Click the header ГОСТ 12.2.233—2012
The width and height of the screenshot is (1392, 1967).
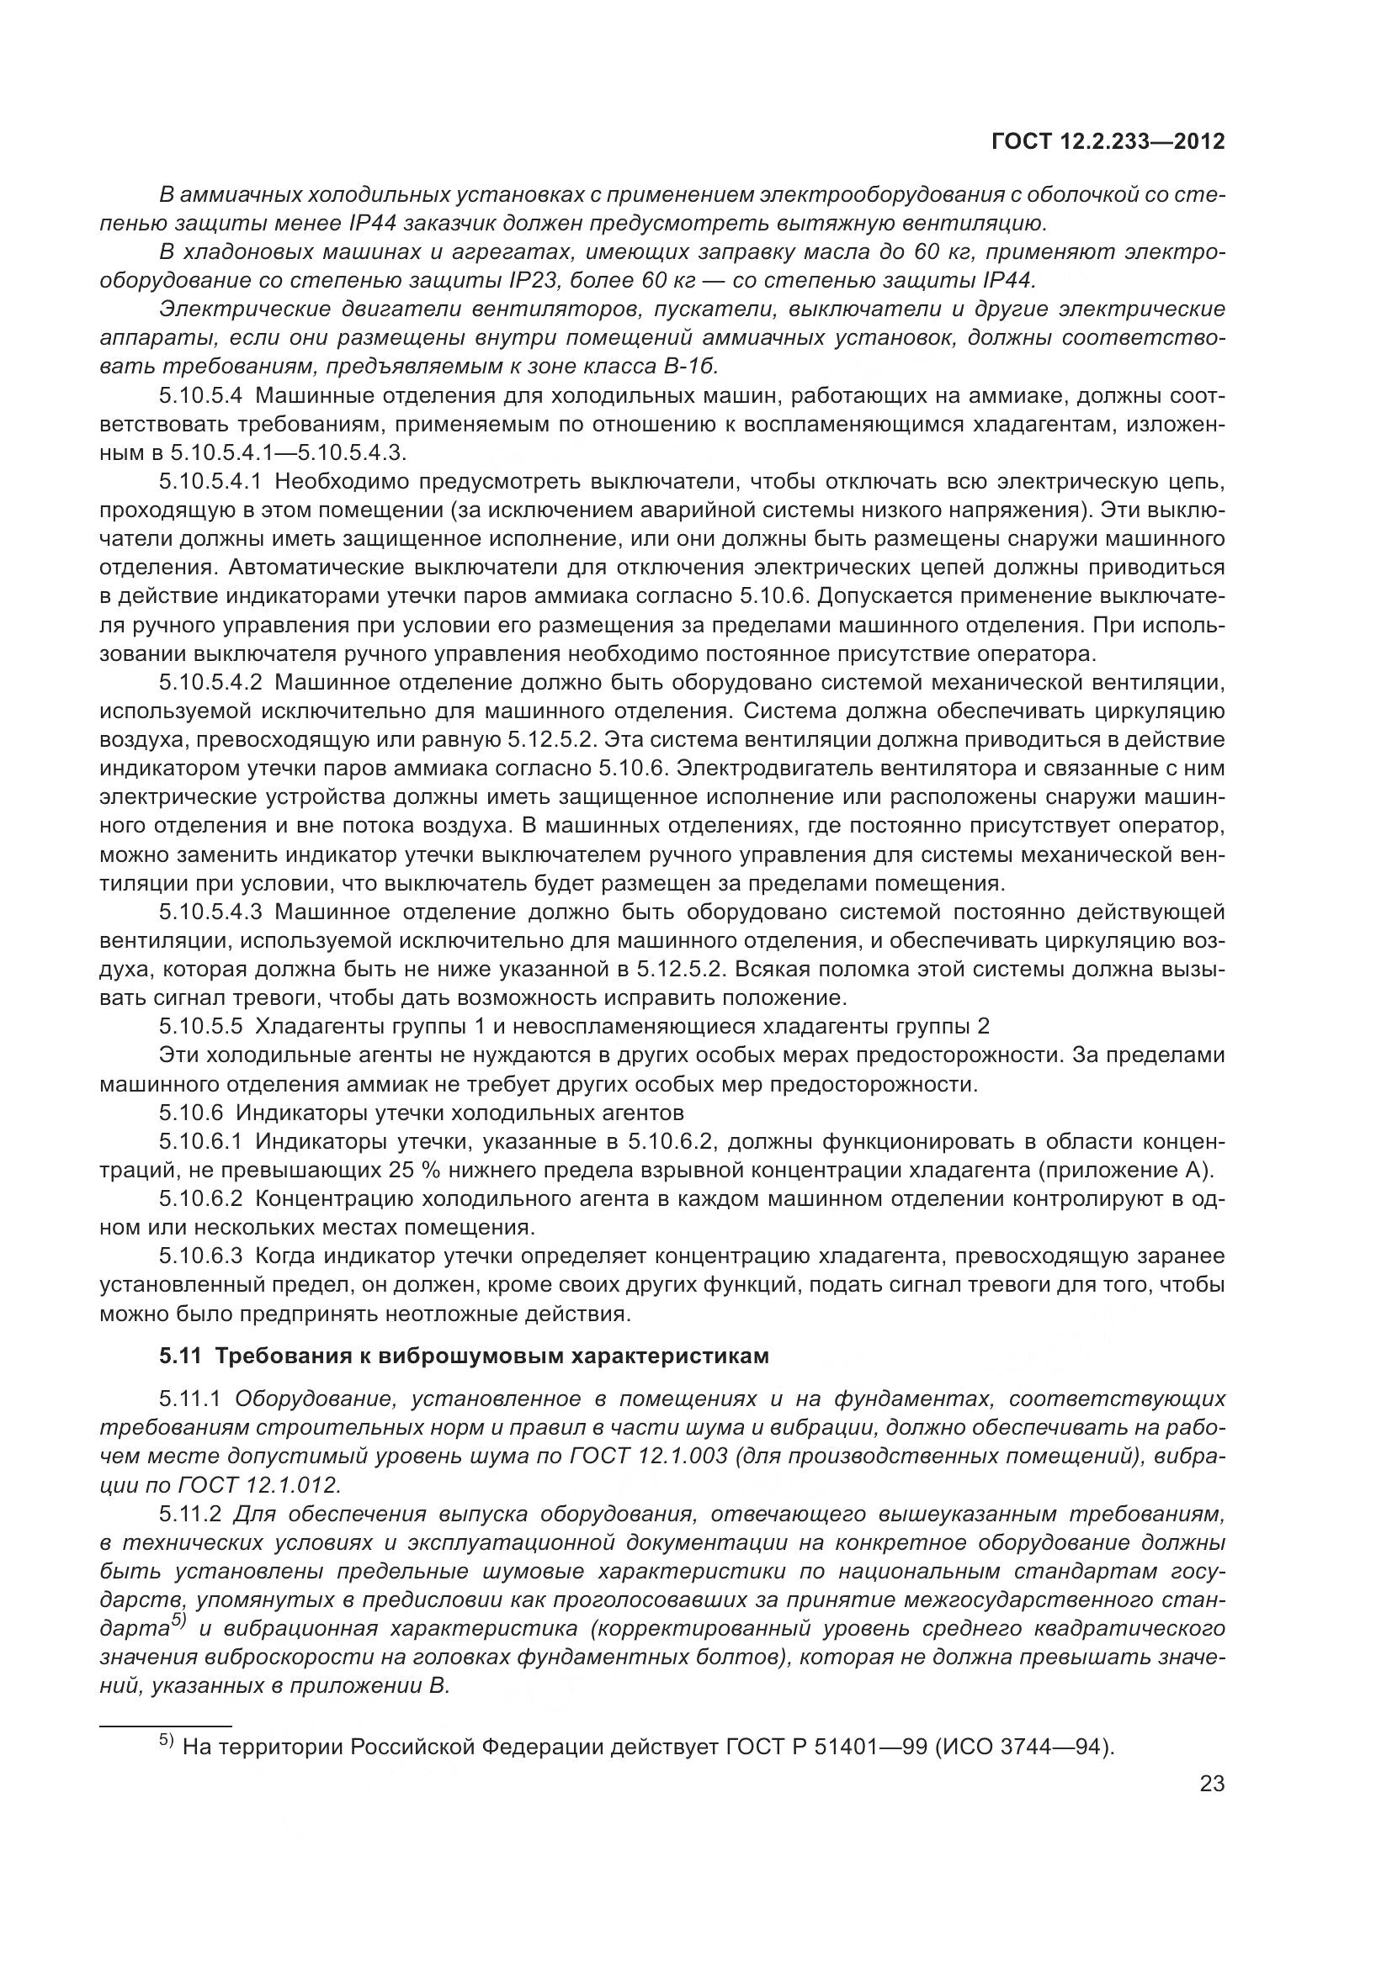(1108, 142)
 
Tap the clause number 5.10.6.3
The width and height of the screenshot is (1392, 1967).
(201, 1256)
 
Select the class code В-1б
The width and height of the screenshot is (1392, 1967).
(690, 367)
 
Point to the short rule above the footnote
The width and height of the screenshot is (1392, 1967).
(167, 1726)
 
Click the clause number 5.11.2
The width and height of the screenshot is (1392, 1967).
(190, 1515)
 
